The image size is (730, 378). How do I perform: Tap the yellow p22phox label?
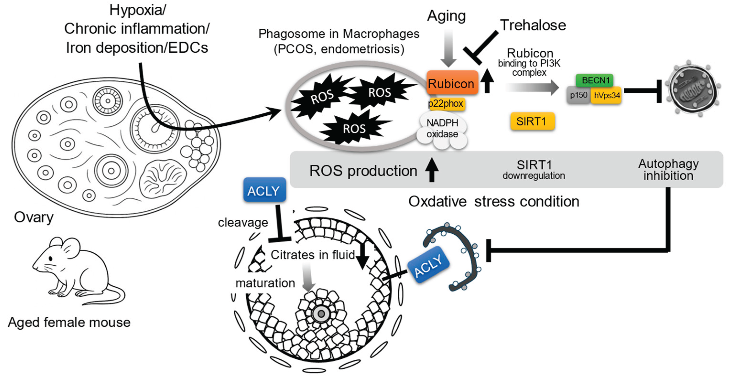pos(446,104)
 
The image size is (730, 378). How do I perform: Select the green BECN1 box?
pos(595,80)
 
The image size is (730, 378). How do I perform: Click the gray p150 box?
pos(579,95)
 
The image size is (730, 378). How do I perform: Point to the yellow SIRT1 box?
pos(532,121)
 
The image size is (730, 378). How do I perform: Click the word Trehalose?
pos(533,25)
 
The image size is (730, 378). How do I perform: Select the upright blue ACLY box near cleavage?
pos(264,190)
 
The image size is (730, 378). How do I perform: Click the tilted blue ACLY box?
pos(428,264)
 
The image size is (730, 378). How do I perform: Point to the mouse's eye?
pos(51,258)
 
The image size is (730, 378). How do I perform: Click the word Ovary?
pos(34,217)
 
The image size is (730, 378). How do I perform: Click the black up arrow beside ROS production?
pos(432,170)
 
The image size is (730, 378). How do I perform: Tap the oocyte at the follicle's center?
pos(321,314)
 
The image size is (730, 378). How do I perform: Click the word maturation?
pos(265,283)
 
